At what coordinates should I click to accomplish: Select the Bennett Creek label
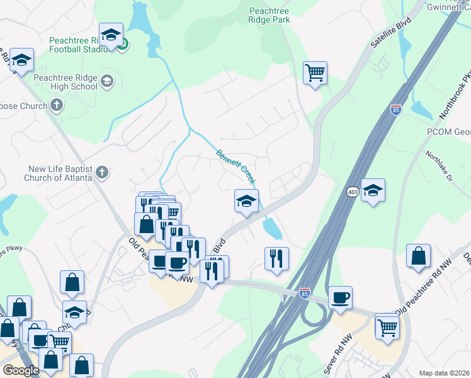tap(236, 166)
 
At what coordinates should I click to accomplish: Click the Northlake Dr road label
tap(439, 166)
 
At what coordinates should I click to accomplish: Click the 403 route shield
tap(353, 191)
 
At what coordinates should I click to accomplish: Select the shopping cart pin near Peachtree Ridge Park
tap(315, 72)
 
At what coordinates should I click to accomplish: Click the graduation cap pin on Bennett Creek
tap(246, 201)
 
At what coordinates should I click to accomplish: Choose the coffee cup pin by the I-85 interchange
tap(340, 297)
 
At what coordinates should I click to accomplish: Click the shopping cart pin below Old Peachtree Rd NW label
tap(387, 326)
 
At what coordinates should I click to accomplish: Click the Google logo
tap(21, 370)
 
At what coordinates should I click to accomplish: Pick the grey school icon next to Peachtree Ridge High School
tap(106, 80)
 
